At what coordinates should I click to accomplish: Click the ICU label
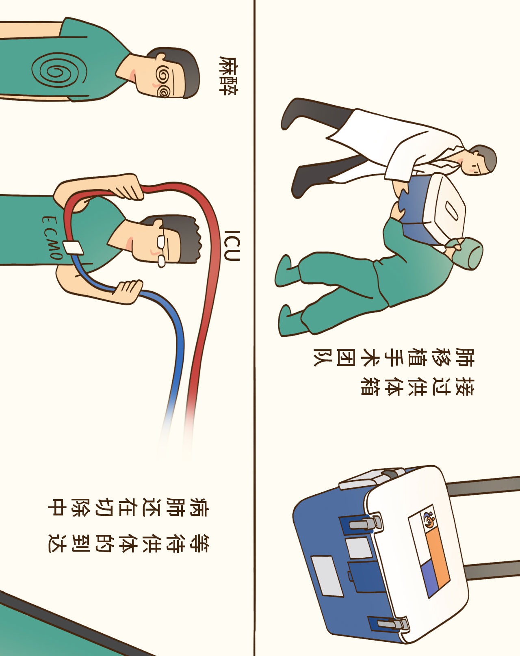point(232,245)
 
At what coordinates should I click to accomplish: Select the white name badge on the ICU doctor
point(73,248)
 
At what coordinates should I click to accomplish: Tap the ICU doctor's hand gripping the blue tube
point(128,292)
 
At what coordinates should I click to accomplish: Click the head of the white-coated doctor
point(479,160)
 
